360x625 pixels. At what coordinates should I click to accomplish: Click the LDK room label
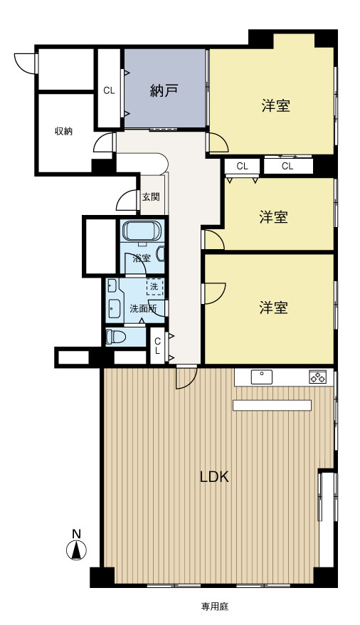(214, 477)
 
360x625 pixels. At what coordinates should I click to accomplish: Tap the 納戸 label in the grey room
(163, 91)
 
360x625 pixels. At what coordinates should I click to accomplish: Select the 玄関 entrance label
(151, 197)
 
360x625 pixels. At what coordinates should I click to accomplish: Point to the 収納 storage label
(63, 131)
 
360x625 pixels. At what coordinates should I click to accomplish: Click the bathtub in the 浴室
(142, 231)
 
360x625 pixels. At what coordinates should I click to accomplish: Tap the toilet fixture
(116, 337)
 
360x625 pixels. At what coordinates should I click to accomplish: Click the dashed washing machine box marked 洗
(154, 286)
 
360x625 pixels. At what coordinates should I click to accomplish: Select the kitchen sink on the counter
(262, 377)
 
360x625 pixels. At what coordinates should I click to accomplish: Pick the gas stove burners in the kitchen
(318, 377)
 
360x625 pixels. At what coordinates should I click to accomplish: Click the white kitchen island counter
(272, 405)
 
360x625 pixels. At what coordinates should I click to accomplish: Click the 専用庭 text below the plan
(215, 606)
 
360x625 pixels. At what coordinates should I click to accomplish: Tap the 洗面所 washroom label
(143, 308)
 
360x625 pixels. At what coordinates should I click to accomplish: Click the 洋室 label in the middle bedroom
(274, 217)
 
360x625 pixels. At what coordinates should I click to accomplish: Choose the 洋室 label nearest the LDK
(274, 308)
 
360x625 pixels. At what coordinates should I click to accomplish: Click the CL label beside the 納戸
(109, 91)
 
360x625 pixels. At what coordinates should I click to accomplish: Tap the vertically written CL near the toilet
(158, 346)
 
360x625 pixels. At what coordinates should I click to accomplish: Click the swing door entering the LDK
(186, 377)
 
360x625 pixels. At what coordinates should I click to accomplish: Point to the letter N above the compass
(76, 534)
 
